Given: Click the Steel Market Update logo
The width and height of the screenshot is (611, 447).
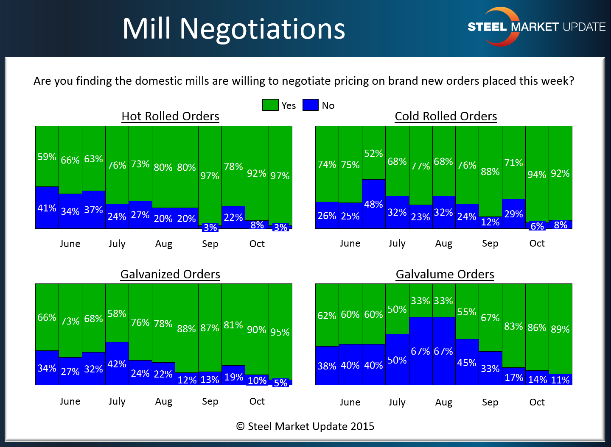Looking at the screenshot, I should click(x=536, y=27).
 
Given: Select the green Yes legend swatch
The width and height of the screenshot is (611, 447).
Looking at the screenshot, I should click(x=270, y=105).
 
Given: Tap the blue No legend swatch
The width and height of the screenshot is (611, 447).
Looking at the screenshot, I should click(x=310, y=105).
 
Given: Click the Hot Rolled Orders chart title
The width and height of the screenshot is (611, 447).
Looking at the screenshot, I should click(x=170, y=116).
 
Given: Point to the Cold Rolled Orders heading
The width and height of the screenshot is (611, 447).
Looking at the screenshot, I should click(x=446, y=116).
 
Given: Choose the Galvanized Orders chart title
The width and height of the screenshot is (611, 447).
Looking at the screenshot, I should click(x=170, y=274).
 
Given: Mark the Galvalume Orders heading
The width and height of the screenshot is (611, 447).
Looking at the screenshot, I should click(x=445, y=274).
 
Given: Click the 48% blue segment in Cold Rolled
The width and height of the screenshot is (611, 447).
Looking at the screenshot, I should click(x=373, y=204).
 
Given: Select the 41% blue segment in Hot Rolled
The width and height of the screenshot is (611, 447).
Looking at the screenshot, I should click(x=47, y=208).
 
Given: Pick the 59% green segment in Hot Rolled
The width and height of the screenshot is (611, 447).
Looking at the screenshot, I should click(x=47, y=156).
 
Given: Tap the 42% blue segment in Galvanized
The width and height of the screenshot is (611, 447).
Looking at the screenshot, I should click(x=117, y=364).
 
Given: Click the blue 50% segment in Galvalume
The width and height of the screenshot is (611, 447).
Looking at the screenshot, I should click(x=397, y=360).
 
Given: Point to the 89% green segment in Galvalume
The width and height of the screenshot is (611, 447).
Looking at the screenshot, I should click(x=560, y=329).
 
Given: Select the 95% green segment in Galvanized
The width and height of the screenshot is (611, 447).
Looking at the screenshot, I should click(x=280, y=332).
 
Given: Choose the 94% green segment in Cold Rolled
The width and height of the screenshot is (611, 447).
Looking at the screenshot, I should click(x=537, y=174).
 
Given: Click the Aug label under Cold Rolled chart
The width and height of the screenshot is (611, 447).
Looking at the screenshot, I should click(x=443, y=244).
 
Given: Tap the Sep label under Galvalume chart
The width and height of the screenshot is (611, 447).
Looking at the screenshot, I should click(x=490, y=402).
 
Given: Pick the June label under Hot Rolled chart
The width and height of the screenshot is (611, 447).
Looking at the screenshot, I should click(x=70, y=244).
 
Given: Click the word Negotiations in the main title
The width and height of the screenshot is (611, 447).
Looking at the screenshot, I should click(x=262, y=29).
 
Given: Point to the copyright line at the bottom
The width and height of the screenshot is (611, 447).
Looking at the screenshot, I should click(x=305, y=426).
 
